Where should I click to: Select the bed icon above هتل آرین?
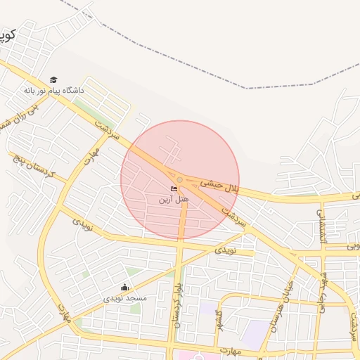click(174, 188)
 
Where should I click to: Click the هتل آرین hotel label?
click(173, 200)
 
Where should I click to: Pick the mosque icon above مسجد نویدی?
click(125, 287)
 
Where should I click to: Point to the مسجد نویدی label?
click(125, 298)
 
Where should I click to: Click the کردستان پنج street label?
click(31, 162)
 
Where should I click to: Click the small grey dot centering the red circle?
click(180, 180)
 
